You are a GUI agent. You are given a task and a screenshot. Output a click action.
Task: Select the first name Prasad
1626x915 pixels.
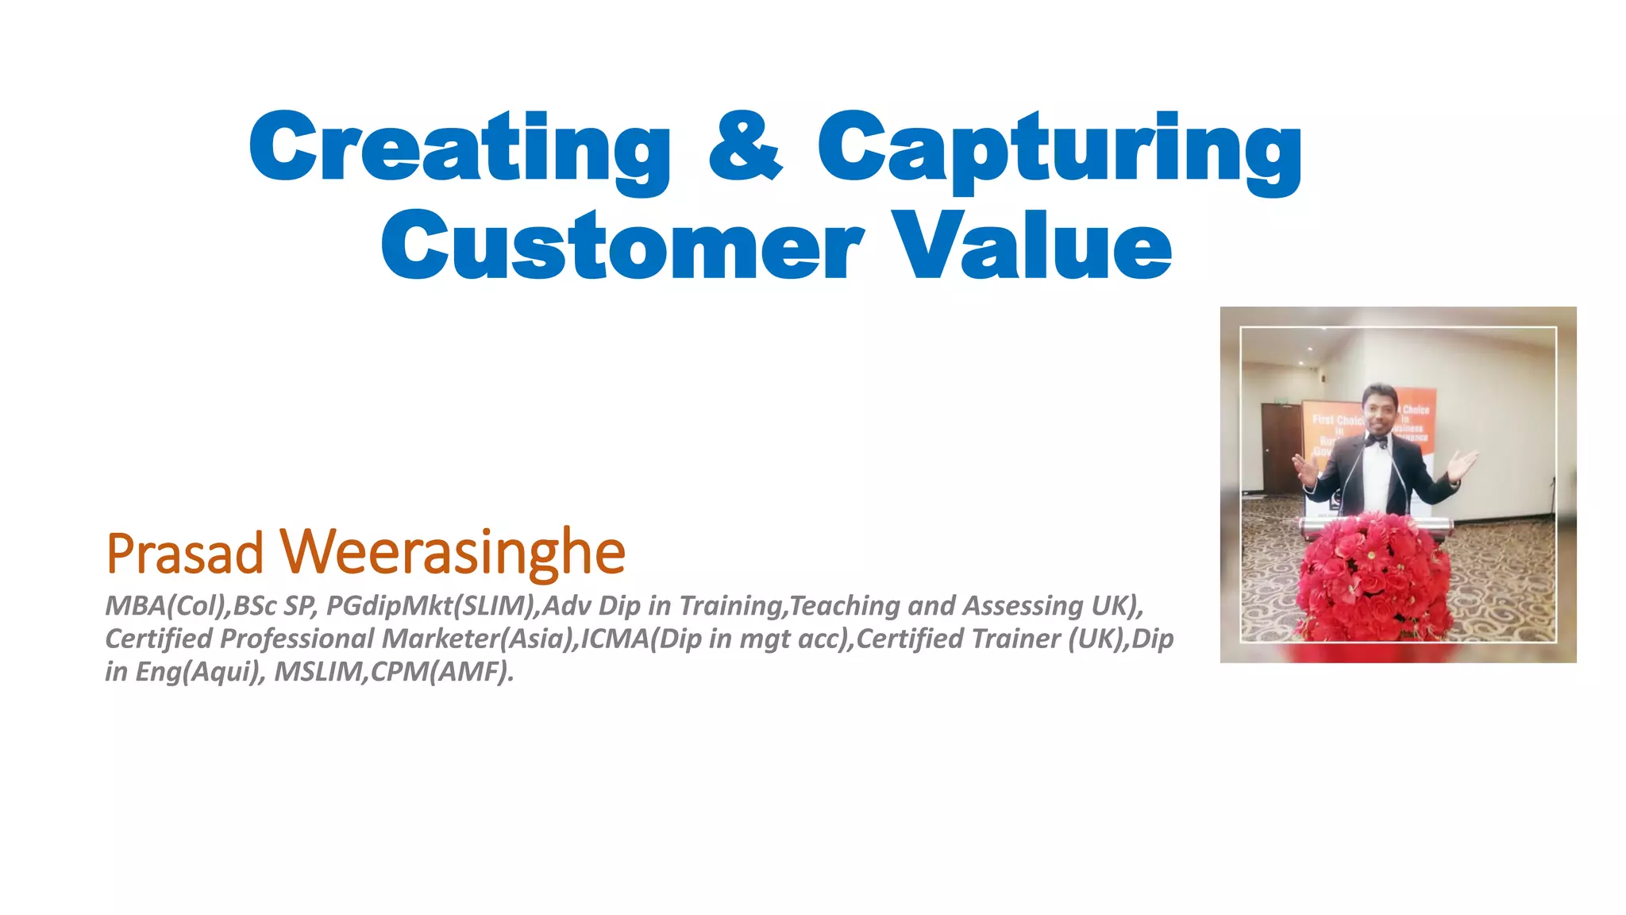click(x=184, y=554)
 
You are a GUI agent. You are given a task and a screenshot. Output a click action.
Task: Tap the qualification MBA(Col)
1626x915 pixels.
click(x=167, y=606)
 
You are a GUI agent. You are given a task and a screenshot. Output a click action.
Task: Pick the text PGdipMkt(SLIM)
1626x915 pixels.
click(x=433, y=606)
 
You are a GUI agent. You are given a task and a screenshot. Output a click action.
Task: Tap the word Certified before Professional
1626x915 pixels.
click(x=160, y=639)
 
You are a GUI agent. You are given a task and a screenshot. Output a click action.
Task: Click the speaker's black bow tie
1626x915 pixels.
click(x=1377, y=439)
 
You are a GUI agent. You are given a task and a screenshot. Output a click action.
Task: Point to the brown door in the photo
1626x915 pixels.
click(x=1281, y=446)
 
